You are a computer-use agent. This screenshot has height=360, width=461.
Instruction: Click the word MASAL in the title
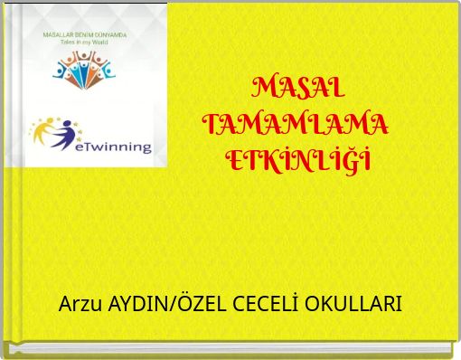click(x=297, y=89)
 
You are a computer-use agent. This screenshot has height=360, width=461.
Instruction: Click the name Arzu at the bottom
click(x=80, y=304)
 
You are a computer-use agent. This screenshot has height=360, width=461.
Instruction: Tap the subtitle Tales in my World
click(x=85, y=42)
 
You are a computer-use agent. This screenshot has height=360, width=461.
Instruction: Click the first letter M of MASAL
click(x=263, y=89)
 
